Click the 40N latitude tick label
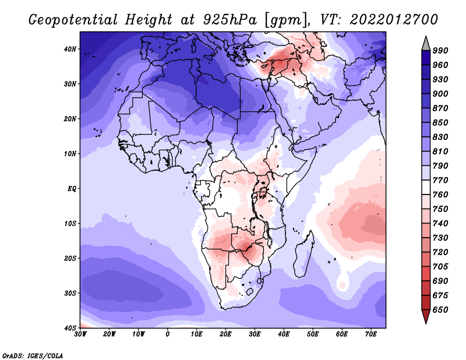coord(70,49)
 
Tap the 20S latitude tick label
coord(70,258)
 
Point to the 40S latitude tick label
coord(70,328)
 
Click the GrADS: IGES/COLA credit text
coord(32,355)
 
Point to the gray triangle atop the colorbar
coord(426,43)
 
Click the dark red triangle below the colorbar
coord(426,317)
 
